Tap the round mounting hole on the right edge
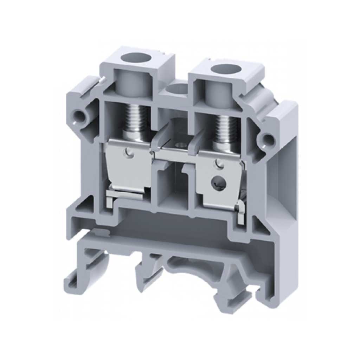point(268,138)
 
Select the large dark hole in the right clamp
point(217,181)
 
